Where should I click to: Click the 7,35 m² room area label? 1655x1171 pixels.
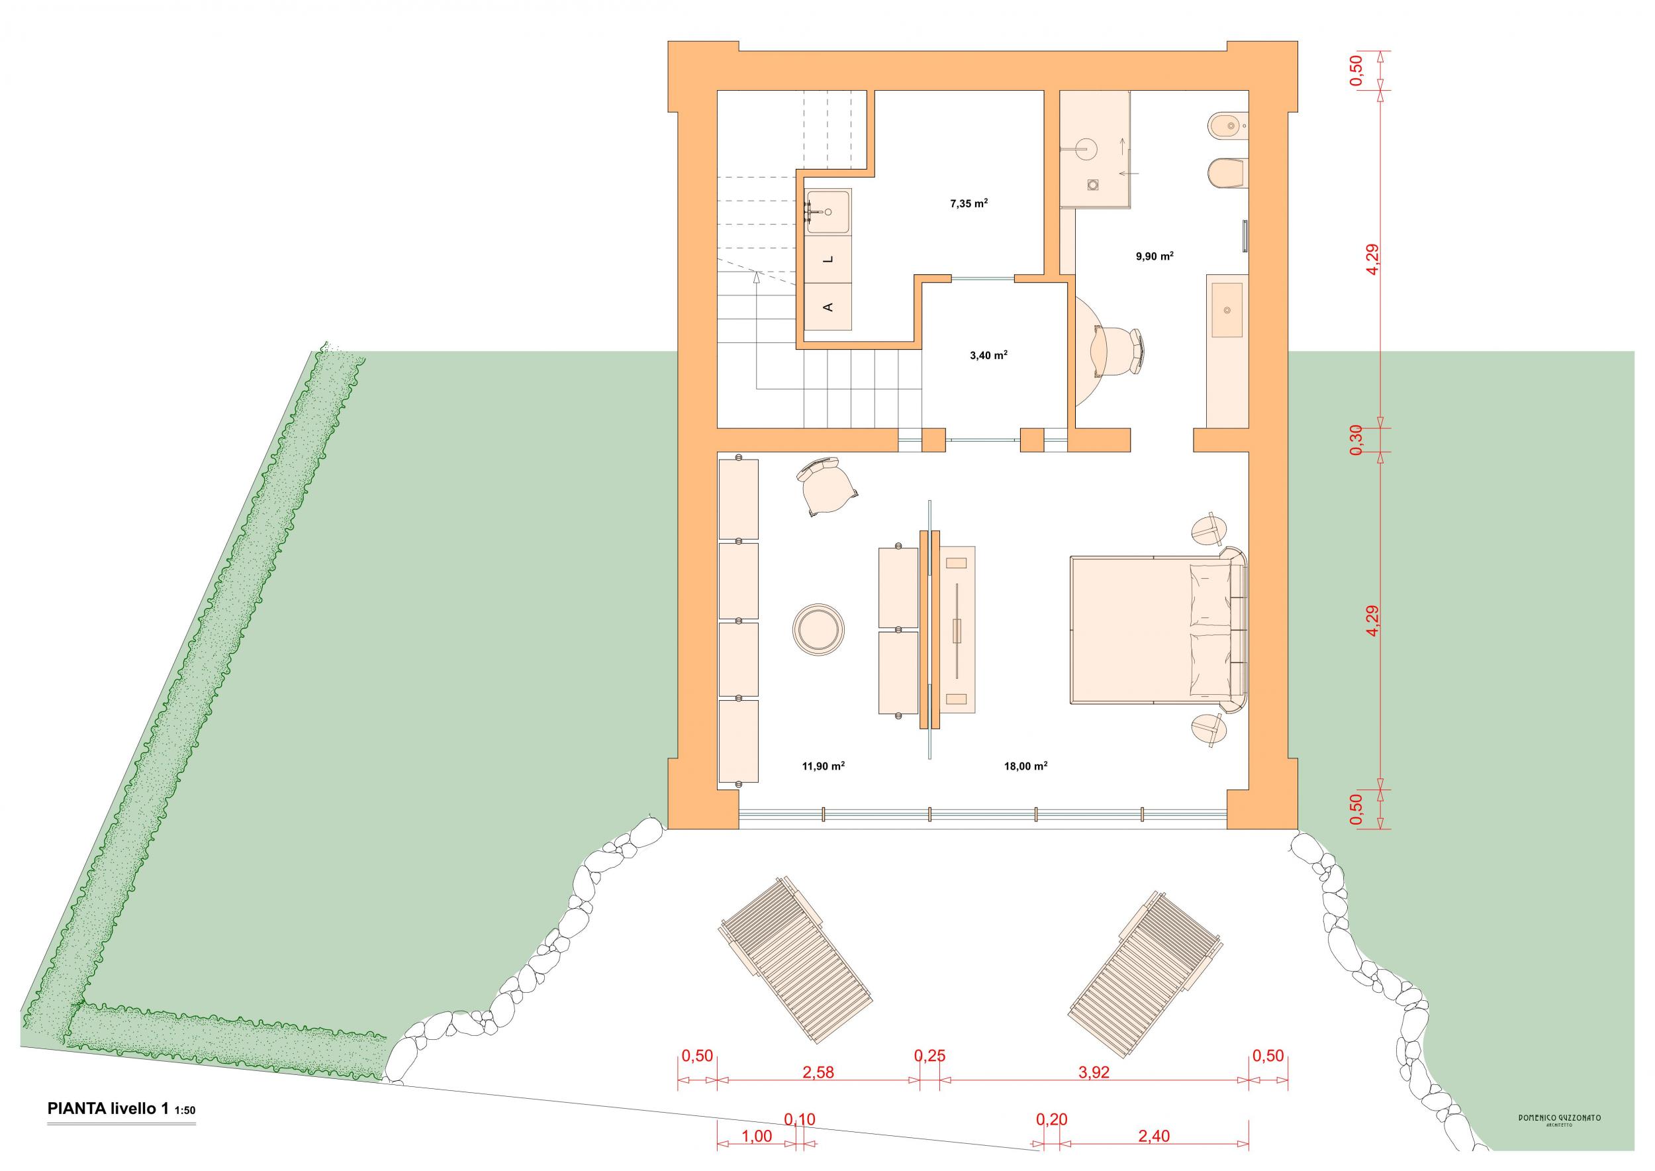(x=969, y=203)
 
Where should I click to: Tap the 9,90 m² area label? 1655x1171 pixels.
(x=1154, y=255)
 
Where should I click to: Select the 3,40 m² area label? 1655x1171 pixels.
(x=988, y=355)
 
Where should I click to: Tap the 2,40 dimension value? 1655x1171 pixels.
(x=1154, y=1137)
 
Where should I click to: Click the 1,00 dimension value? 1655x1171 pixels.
(x=757, y=1137)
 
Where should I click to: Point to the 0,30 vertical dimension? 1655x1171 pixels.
(x=1356, y=439)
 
